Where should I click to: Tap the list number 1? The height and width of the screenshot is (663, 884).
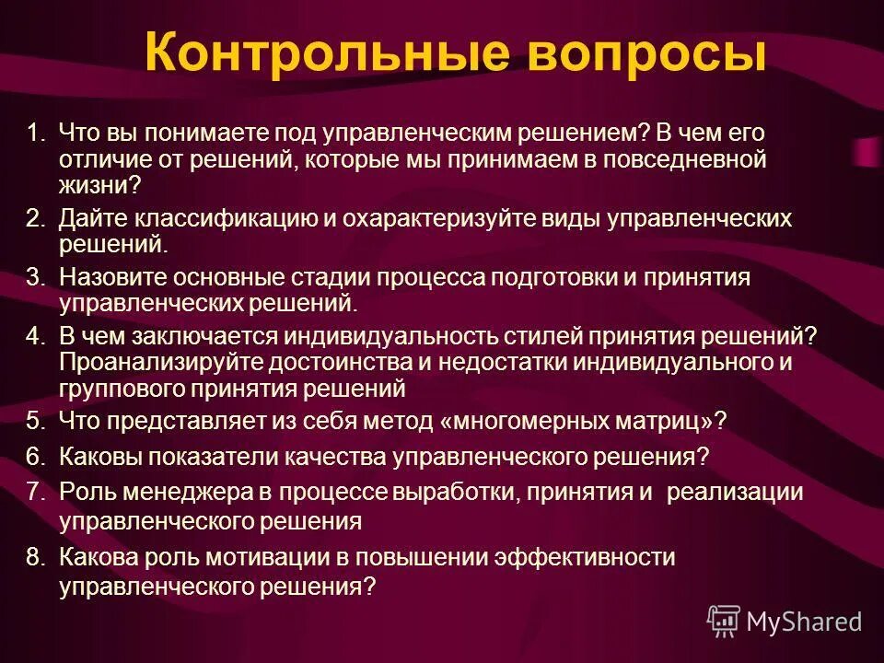[34, 134]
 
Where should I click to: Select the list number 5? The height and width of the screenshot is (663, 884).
[34, 422]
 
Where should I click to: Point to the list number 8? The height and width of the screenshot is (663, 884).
[34, 558]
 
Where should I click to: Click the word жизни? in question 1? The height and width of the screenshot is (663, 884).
[100, 185]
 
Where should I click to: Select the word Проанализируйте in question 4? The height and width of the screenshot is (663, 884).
[158, 363]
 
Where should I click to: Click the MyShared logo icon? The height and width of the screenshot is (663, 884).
[724, 622]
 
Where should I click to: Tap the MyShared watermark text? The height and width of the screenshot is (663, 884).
[805, 622]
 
